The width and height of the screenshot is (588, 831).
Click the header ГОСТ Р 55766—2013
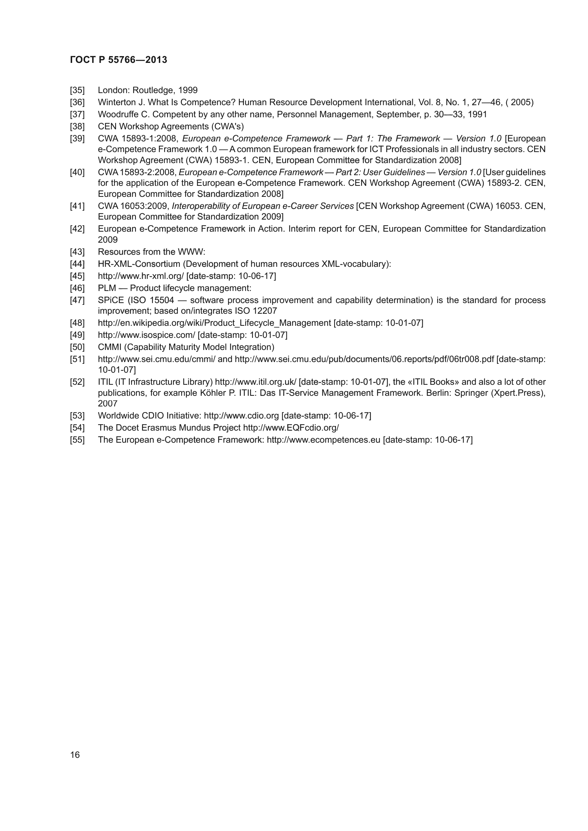point(118,60)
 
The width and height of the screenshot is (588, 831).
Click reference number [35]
point(77,90)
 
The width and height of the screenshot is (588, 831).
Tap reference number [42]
point(77,229)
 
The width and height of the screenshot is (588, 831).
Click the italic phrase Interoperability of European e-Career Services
point(262,206)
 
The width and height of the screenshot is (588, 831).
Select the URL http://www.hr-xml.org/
point(141,276)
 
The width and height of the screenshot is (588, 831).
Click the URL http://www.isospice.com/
point(146,335)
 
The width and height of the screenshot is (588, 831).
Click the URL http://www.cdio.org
point(241,416)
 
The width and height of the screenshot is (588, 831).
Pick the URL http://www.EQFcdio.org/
point(291,428)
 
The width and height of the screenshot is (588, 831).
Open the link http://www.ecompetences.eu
point(323,440)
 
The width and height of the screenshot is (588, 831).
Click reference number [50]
point(77,347)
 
